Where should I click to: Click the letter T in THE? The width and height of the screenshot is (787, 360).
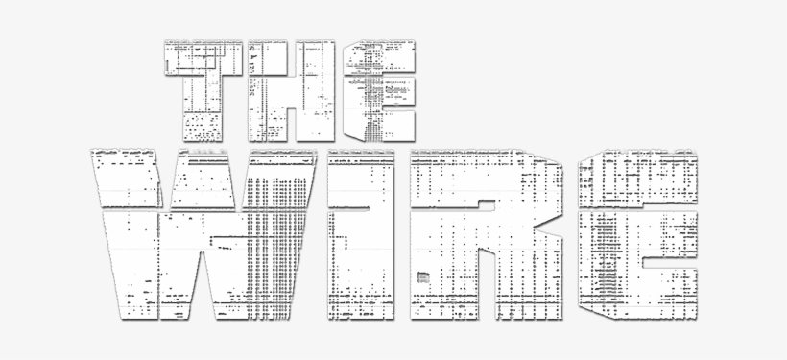[x=203, y=90]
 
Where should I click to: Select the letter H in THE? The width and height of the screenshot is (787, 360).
[x=291, y=90]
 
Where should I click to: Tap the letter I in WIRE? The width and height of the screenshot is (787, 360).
[x=361, y=234]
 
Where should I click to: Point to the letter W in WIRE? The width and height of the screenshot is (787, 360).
[x=203, y=234]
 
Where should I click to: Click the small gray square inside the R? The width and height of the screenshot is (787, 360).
[x=423, y=277]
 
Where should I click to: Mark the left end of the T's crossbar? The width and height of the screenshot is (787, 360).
[x=166, y=58]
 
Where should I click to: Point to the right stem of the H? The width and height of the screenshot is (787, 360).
[x=315, y=90]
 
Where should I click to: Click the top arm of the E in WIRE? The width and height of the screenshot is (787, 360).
[x=637, y=179]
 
